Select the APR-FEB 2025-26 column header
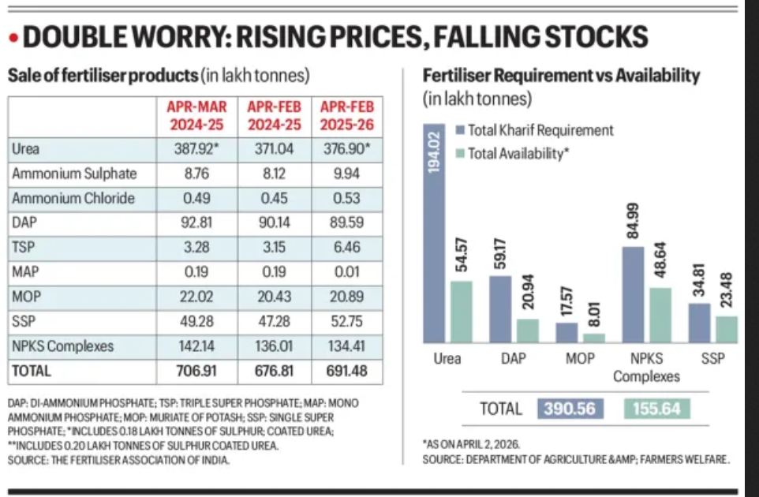346,116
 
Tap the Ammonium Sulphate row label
74,174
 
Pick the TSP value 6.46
346,248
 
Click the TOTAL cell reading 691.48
346,370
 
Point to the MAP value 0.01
346,272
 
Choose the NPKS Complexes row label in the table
63,346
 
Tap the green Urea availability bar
462,312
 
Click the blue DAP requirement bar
501,309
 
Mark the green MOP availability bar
594,338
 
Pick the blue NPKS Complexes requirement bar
634,295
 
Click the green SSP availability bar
727,329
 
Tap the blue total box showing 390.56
570,409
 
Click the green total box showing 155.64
656,409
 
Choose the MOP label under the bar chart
580,358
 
